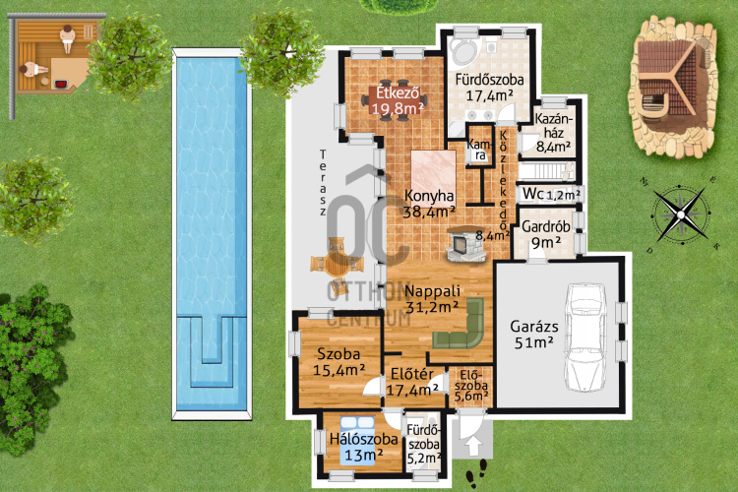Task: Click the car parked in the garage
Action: point(586,338)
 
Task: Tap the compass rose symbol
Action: point(681,215)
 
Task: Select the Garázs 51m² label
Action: point(534,335)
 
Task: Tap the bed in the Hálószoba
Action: point(358,441)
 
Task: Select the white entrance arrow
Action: point(473,446)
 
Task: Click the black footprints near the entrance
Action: point(477,472)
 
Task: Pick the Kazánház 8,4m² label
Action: point(554,133)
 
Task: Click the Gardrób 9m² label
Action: point(546,234)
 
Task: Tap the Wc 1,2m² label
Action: point(551,194)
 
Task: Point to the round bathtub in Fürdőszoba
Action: point(464,50)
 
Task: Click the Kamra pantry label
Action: point(479,150)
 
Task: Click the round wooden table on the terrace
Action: point(337,264)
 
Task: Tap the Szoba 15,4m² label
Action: point(338,361)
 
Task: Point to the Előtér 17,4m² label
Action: point(412,382)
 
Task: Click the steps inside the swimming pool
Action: point(212,351)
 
